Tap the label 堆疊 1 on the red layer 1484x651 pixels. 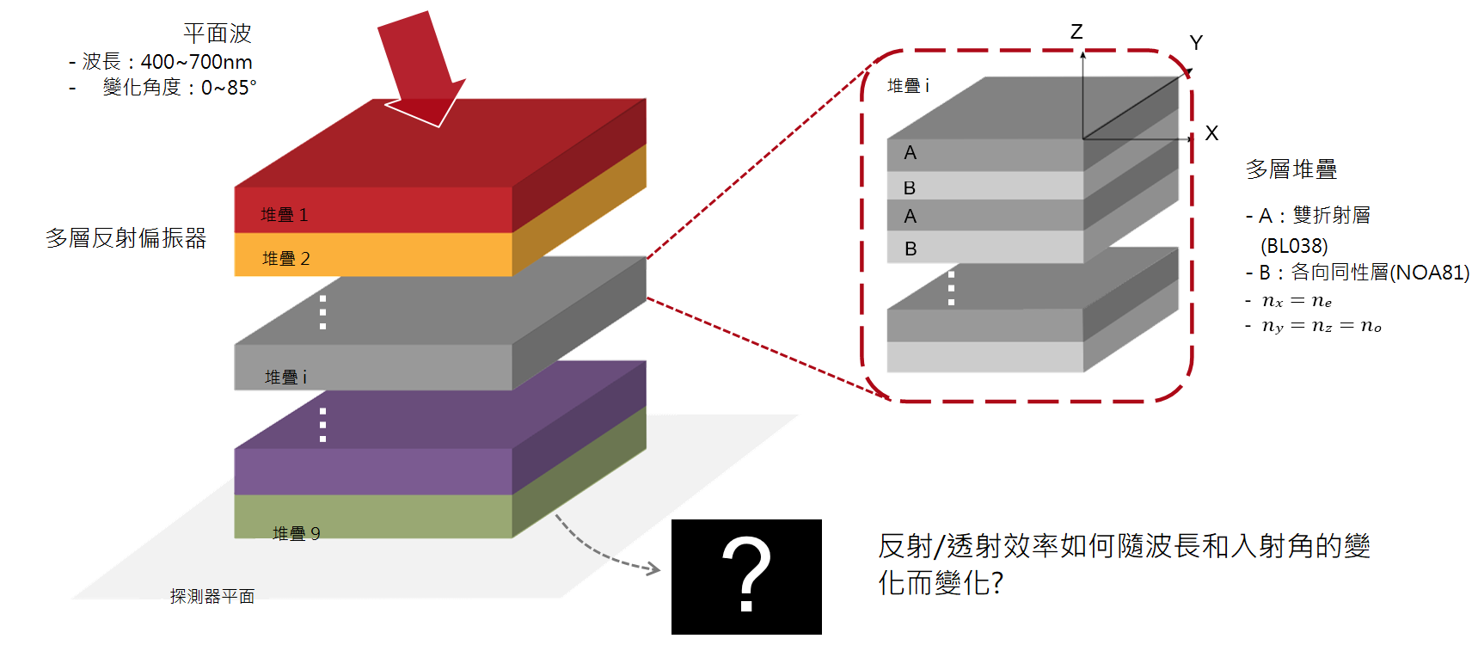[285, 214]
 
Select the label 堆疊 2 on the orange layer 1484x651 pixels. [286, 258]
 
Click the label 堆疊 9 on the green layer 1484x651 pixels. [297, 533]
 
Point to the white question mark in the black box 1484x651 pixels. [746, 574]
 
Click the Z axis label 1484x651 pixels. [1076, 32]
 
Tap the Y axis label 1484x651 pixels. [1196, 42]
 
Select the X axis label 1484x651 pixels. [1211, 133]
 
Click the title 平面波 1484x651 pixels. [218, 34]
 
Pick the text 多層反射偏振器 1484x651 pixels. [126, 238]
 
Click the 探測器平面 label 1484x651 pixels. [212, 596]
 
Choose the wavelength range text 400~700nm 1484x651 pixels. [197, 62]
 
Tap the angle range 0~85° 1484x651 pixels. [229, 88]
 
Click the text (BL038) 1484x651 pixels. [1294, 246]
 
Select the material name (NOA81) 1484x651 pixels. [1430, 273]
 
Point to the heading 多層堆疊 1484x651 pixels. [1291, 169]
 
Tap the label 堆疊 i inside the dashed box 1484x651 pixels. [908, 86]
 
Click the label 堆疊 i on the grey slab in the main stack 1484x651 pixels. [285, 377]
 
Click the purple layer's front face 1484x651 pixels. [373, 471]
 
